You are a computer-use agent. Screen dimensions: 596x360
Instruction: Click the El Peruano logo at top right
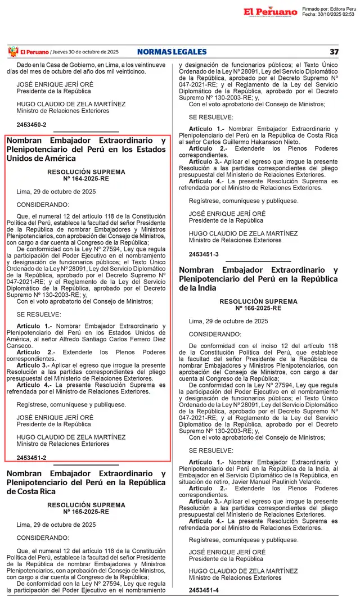tap(270, 12)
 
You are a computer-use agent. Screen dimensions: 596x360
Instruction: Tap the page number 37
tap(334, 52)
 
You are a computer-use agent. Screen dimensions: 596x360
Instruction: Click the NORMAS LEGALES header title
tap(172, 52)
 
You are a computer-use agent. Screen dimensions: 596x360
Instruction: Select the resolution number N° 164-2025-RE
tap(86, 179)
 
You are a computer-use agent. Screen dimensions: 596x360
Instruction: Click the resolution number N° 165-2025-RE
tap(86, 512)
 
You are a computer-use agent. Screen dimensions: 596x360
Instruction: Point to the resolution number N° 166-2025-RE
tap(259, 309)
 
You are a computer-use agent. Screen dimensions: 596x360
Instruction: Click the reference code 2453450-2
tap(31, 124)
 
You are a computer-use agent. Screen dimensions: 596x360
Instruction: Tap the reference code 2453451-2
tap(31, 458)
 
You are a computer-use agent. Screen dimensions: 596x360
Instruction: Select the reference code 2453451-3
tap(204, 254)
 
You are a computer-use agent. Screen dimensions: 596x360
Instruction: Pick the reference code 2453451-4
tap(204, 590)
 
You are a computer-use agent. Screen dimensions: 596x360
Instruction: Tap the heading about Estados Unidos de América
tap(86, 149)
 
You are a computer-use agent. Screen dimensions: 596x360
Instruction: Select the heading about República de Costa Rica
tap(86, 482)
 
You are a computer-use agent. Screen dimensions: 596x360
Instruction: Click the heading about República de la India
tap(259, 279)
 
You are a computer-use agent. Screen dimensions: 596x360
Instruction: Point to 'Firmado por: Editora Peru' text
tap(328, 9)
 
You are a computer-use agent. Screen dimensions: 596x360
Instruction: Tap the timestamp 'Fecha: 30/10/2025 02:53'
tap(328, 15)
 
